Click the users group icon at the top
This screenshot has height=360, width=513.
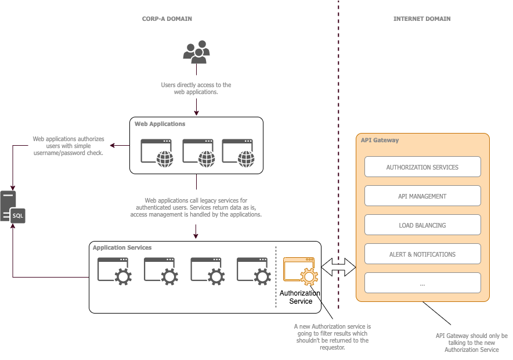(196, 52)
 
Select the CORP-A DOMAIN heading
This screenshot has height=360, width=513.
(167, 19)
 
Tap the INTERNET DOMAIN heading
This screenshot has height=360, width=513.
(422, 19)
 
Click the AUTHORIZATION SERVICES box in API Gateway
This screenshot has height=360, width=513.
(422, 167)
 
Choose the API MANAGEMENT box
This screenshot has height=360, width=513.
(422, 196)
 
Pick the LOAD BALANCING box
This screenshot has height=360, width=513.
(422, 225)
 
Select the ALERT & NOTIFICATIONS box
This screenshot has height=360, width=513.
(422, 254)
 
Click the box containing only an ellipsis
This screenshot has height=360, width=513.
(422, 283)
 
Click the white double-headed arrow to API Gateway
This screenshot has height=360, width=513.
(338, 267)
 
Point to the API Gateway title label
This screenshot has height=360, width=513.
(380, 141)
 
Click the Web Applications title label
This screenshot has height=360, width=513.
(160, 124)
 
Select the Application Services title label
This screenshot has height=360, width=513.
(122, 248)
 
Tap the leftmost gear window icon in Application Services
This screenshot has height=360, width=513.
(114, 271)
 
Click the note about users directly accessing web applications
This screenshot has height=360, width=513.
(196, 88)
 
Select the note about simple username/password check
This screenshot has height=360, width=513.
(68, 146)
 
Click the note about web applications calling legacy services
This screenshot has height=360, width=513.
(196, 207)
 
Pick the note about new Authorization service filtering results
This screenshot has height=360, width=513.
(332, 337)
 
